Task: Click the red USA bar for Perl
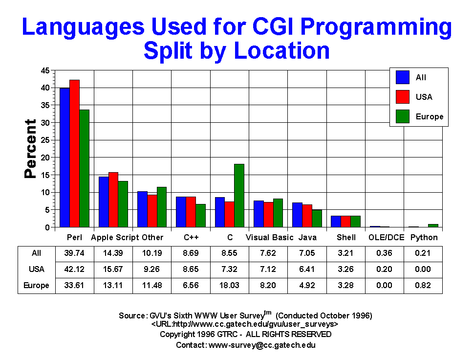coord(75,154)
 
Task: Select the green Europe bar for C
coord(239,196)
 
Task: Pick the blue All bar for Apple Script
coord(104,202)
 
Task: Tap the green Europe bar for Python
coord(433,225)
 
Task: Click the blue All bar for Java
coord(298,215)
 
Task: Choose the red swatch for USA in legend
coord(403,97)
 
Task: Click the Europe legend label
coord(430,116)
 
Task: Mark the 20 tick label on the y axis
coord(45,157)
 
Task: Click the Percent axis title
coord(30,149)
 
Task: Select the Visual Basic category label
coord(270,237)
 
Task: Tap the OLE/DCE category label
coord(386,237)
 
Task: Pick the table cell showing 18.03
coord(230,285)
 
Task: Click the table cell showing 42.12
coord(74,269)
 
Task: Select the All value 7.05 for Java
coord(307,253)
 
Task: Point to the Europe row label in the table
coord(36,285)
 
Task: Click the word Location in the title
coord(282,50)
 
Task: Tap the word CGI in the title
coord(272,26)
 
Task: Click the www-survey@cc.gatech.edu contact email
coord(262,345)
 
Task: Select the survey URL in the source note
coord(245,324)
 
